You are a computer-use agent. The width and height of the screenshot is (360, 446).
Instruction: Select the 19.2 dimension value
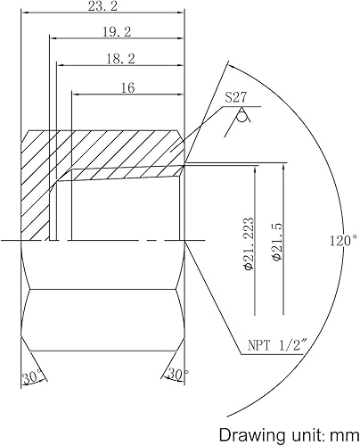[118, 31]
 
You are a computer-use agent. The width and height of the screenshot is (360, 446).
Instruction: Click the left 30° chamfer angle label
[33, 377]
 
